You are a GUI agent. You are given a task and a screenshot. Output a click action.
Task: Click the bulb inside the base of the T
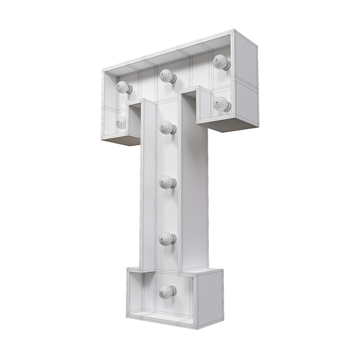[x=168, y=291]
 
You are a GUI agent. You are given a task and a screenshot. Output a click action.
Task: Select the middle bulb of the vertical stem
[x=168, y=183]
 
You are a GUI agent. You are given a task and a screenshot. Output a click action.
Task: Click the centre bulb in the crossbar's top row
[x=168, y=76]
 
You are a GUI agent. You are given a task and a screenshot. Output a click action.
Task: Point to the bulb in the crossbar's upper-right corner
[x=222, y=62]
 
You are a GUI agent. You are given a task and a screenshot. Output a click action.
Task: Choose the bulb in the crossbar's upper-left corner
[x=124, y=87]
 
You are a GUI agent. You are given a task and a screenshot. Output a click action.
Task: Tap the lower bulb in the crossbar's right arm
[x=222, y=104]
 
